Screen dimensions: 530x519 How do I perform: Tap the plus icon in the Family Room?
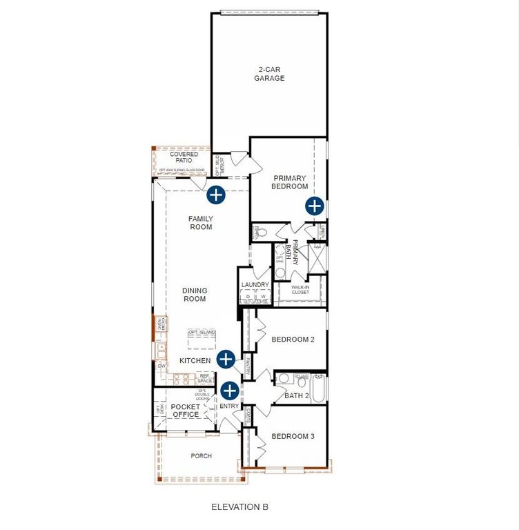pos(216,195)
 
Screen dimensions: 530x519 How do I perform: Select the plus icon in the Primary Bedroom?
pos(315,205)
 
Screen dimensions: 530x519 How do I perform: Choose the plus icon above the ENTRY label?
pos(229,390)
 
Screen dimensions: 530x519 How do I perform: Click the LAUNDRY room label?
pos(255,285)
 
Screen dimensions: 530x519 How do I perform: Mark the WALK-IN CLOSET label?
pos(300,289)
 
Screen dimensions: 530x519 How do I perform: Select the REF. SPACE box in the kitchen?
pos(205,379)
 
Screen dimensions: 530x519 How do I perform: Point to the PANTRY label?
pos(247,365)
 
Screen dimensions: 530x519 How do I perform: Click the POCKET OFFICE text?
pos(186,411)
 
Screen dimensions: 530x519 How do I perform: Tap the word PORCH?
pos(202,456)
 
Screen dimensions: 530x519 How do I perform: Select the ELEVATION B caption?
pos(239,507)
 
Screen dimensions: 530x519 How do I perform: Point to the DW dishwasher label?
pos(161,366)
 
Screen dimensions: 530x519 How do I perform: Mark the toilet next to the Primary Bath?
pos(260,233)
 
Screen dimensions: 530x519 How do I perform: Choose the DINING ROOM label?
pos(195,295)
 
